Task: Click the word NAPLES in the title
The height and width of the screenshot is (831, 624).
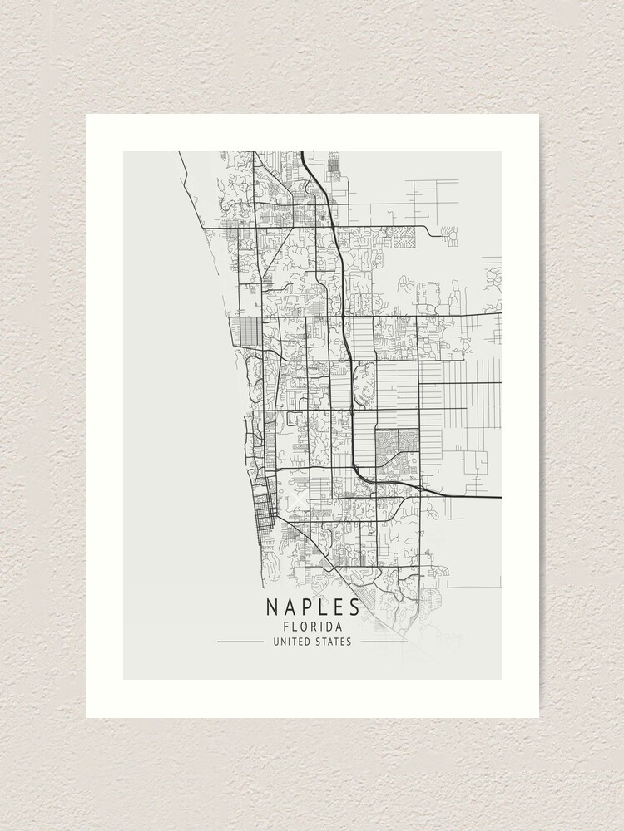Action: [313, 608]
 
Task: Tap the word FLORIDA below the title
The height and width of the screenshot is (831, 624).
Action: [313, 627]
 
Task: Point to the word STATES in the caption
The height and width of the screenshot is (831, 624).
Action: [334, 642]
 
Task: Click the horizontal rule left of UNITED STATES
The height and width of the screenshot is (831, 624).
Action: [240, 642]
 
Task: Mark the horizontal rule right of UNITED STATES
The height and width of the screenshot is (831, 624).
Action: [384, 642]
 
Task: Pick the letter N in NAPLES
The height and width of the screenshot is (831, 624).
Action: [272, 608]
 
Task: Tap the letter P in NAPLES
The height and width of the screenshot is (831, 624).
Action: [306, 608]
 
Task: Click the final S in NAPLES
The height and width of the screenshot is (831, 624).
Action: [354, 608]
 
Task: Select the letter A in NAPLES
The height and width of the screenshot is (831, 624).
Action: [289, 608]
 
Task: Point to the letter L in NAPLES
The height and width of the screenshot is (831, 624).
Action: [323, 608]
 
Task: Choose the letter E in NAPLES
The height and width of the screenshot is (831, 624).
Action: [339, 608]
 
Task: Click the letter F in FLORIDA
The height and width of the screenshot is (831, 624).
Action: [287, 627]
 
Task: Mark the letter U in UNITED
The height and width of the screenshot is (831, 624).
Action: [275, 642]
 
